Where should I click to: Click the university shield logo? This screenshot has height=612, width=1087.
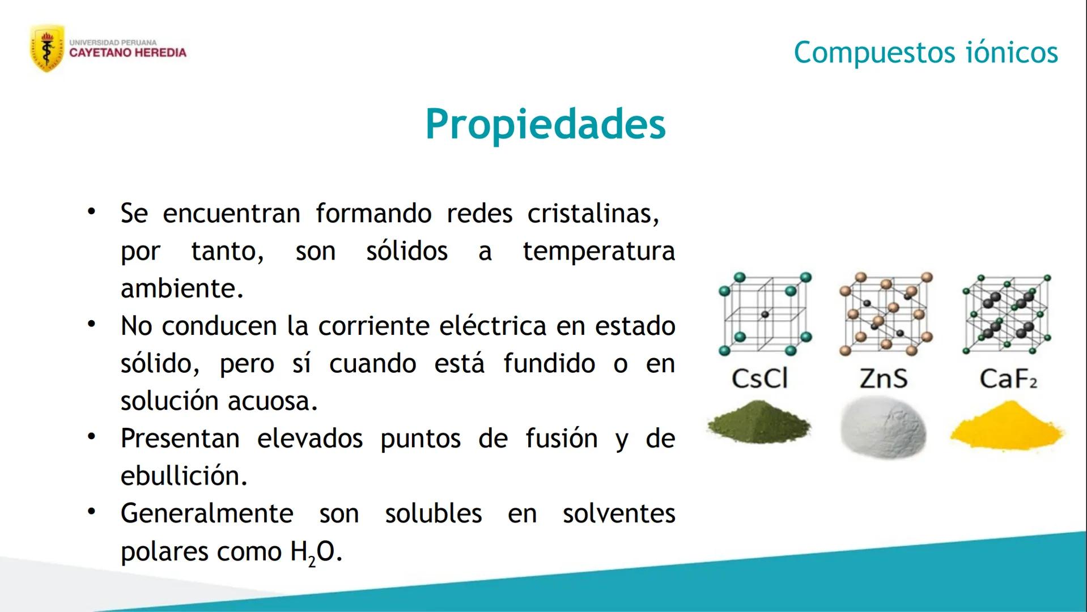coord(46,48)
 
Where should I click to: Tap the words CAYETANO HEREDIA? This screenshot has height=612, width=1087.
coord(128,53)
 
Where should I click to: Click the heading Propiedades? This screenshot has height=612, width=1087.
coord(545,124)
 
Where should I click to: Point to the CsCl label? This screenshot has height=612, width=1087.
coord(759,379)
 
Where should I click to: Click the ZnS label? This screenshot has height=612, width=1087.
coord(883,379)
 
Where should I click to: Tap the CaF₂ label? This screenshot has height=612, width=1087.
coord(1008,379)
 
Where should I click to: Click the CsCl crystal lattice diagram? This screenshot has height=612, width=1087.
coord(765,313)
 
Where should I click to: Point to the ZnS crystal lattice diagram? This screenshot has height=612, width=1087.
coord(886,313)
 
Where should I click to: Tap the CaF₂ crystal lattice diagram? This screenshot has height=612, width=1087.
coord(1007,313)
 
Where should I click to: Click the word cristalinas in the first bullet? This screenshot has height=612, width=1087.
coord(593,214)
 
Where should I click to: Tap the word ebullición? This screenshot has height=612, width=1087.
coord(184,476)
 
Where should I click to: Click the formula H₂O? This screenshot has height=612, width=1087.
coord(315,552)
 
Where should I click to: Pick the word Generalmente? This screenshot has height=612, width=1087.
coord(207,514)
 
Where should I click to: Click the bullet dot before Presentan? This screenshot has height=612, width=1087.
coord(91,437)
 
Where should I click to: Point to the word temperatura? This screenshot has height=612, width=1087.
coord(598,251)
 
